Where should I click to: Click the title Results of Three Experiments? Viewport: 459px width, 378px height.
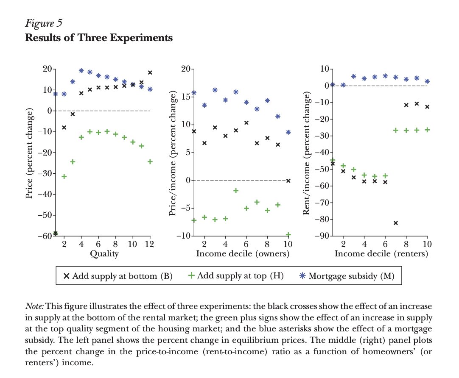click(99, 38)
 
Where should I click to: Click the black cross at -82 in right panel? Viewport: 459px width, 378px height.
click(396, 223)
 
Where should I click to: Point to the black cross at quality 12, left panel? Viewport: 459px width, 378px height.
click(150, 72)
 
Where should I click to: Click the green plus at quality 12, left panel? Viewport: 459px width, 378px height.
click(150, 161)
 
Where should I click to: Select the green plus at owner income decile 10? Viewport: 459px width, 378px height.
click(288, 234)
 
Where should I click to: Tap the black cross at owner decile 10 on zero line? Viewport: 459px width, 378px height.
click(288, 181)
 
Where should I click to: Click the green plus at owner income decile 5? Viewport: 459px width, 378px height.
click(235, 191)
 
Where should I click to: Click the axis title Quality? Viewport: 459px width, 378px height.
click(104, 254)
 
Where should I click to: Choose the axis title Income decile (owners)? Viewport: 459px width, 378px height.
click(242, 254)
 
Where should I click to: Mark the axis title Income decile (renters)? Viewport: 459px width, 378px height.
click(381, 254)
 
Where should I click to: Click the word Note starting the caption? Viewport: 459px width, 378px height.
click(34, 306)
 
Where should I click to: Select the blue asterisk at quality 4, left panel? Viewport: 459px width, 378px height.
click(81, 71)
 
